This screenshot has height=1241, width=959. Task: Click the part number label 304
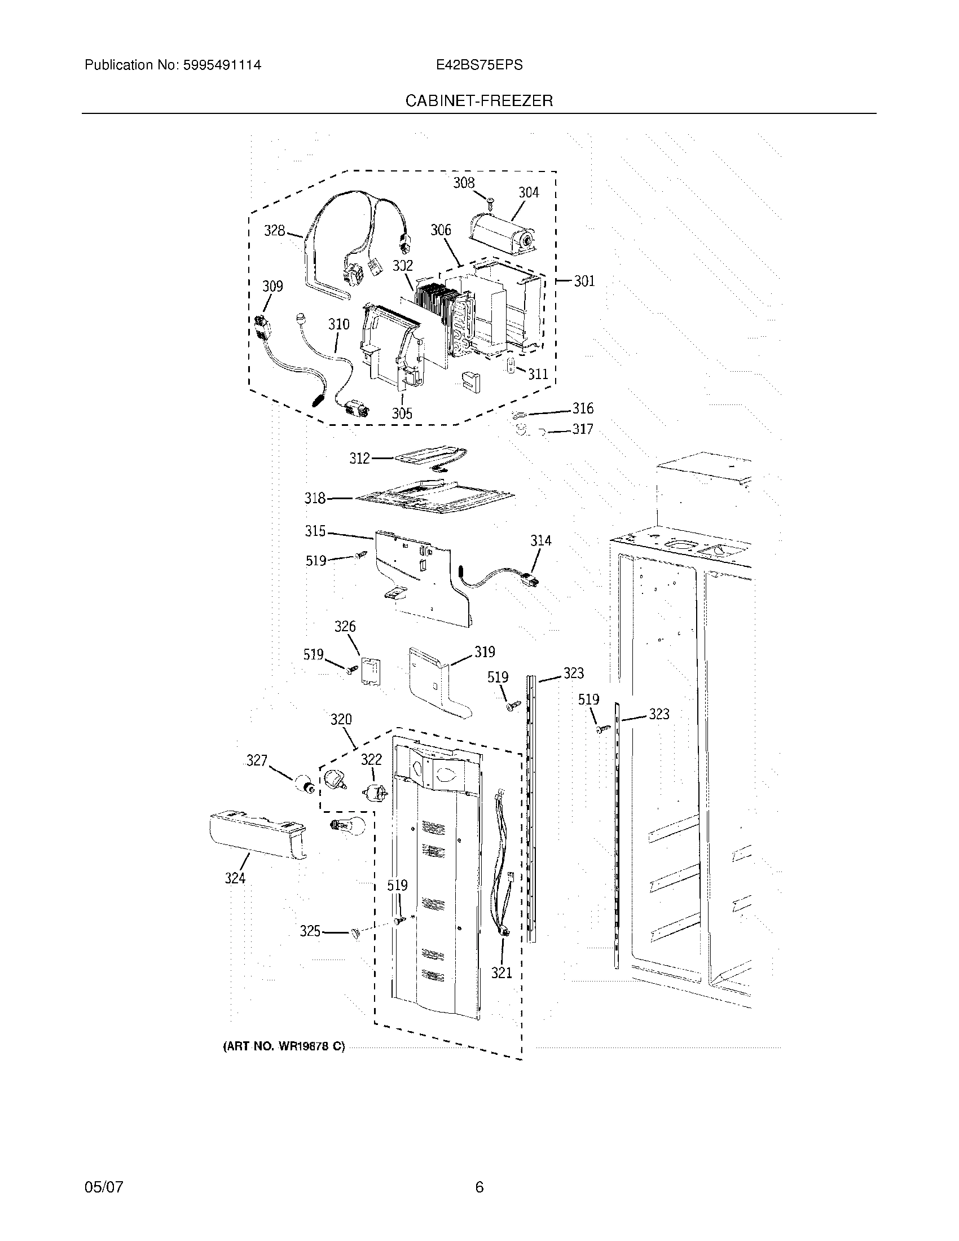[529, 192]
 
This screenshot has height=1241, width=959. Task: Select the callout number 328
[275, 231]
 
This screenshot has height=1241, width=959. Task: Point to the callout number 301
[584, 281]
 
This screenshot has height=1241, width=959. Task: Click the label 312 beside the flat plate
[360, 459]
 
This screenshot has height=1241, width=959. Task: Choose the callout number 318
[315, 498]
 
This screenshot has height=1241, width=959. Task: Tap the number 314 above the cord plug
[541, 540]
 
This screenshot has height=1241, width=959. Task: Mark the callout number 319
[485, 652]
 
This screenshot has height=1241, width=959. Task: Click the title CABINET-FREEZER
[478, 101]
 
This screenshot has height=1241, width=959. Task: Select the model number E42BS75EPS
[479, 65]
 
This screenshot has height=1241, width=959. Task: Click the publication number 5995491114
[221, 65]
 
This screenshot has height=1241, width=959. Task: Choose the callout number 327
[257, 760]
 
